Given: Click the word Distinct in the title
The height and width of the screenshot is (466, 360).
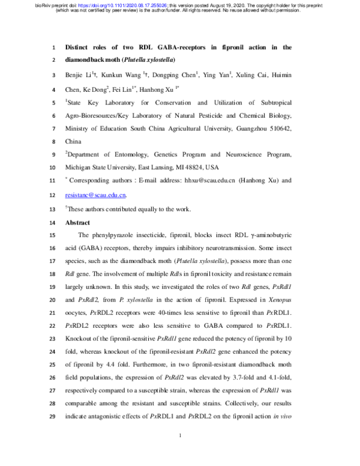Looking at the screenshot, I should (79, 47).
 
